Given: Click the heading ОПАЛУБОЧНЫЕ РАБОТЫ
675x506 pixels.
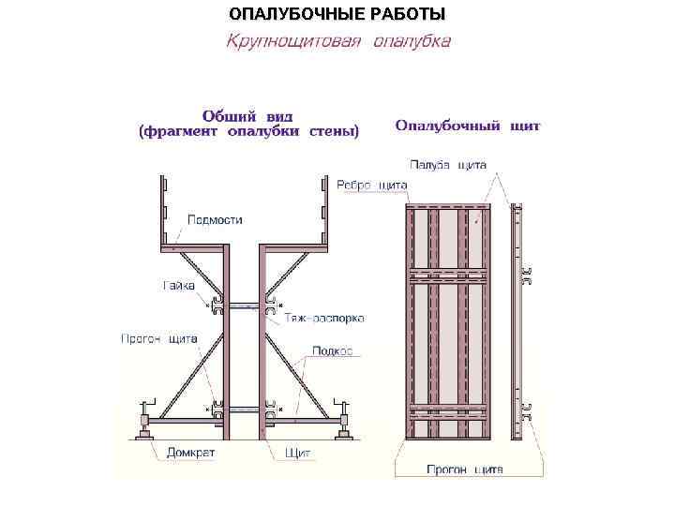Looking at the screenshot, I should (337, 15).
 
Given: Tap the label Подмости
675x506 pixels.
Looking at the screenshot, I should (215, 220).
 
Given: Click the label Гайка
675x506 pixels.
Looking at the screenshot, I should (178, 284).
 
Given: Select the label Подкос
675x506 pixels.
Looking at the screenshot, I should (333, 350).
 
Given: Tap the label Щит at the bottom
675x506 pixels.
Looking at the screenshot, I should (297, 453).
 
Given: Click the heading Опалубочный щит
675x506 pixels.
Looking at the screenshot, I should (468, 126).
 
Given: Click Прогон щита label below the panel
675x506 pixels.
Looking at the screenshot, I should (465, 469).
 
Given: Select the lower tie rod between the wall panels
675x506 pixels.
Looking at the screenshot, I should (244, 408).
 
